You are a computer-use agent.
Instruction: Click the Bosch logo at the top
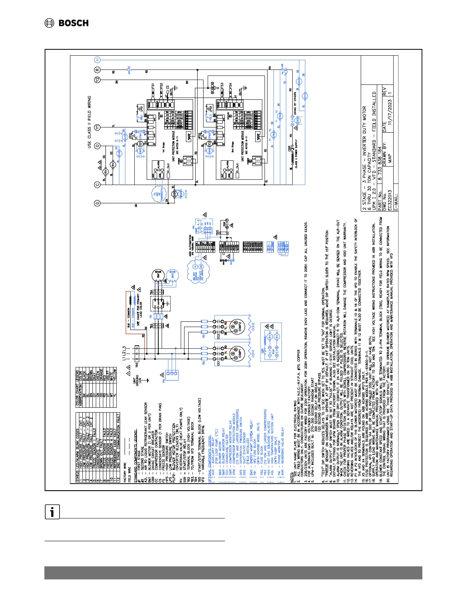point(67,23)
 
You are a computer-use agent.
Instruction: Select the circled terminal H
point(97,60)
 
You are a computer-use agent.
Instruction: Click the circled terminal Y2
point(97,80)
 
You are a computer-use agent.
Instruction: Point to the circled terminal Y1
point(97,127)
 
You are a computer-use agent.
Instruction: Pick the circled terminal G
point(97,203)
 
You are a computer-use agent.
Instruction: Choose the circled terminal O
point(97,145)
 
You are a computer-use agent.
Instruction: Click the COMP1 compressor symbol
point(236,353)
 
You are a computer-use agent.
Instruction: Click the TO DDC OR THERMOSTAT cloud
point(158,194)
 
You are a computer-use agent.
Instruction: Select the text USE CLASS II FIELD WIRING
point(89,122)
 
